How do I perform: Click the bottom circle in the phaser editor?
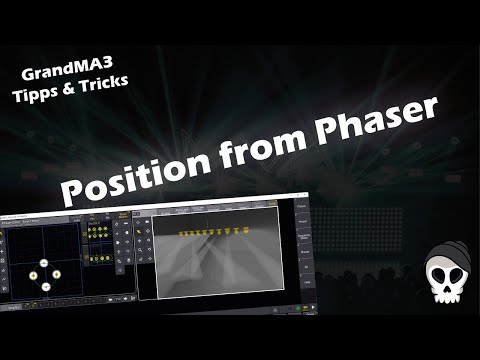(44, 287)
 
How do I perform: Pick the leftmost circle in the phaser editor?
(32, 276)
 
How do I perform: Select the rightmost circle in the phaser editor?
(56, 276)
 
